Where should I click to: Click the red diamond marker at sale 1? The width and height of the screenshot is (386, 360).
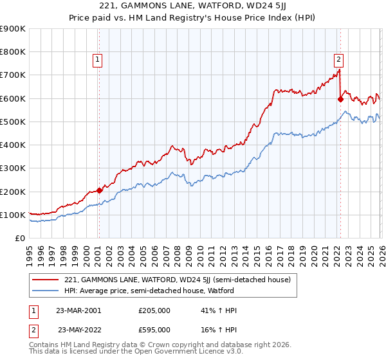point(99,190)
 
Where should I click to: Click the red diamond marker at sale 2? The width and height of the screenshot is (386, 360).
point(340,100)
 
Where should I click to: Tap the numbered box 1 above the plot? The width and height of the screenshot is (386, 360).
point(97,60)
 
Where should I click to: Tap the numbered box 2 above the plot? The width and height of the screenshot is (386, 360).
point(338,60)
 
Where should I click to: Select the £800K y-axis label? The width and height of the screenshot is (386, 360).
point(13,52)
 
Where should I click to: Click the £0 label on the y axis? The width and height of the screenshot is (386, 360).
point(19,238)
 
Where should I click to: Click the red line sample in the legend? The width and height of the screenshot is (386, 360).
point(46,280)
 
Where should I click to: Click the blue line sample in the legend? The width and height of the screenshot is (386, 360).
point(46,291)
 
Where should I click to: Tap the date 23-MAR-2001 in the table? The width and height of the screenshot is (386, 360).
point(78,310)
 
